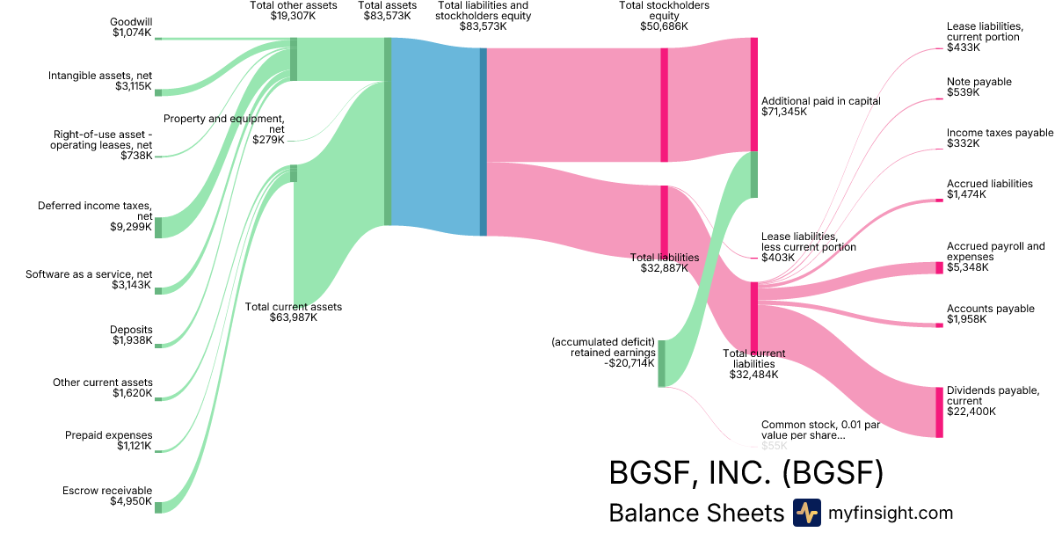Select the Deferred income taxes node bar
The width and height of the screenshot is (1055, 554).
pyautogui.click(x=158, y=227)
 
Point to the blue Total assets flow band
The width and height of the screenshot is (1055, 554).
pyautogui.click(x=435, y=136)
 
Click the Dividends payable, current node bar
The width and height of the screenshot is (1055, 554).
pyautogui.click(x=939, y=412)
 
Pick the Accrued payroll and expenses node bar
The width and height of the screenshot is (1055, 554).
pyautogui.click(x=939, y=268)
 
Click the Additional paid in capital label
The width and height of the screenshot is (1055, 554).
pyautogui.click(x=820, y=106)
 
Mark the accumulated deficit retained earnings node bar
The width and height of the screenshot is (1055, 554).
pyautogui.click(x=661, y=363)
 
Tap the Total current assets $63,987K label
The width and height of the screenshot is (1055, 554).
pyautogui.click(x=293, y=312)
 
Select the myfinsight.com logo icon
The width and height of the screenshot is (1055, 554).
pyautogui.click(x=806, y=513)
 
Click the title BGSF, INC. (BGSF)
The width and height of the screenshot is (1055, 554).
pyautogui.click(x=746, y=474)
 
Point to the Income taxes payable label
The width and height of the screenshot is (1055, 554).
pyautogui.click(x=1000, y=138)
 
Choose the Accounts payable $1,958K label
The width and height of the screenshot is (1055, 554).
pyautogui.click(x=990, y=314)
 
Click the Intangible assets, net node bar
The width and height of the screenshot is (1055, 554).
pyautogui.click(x=158, y=91)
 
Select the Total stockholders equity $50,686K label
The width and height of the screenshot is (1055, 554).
pyautogui.click(x=664, y=16)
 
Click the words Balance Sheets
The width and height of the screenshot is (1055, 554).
pyautogui.click(x=695, y=514)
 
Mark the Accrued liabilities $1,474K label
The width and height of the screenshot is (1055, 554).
pyautogui.click(x=989, y=189)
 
